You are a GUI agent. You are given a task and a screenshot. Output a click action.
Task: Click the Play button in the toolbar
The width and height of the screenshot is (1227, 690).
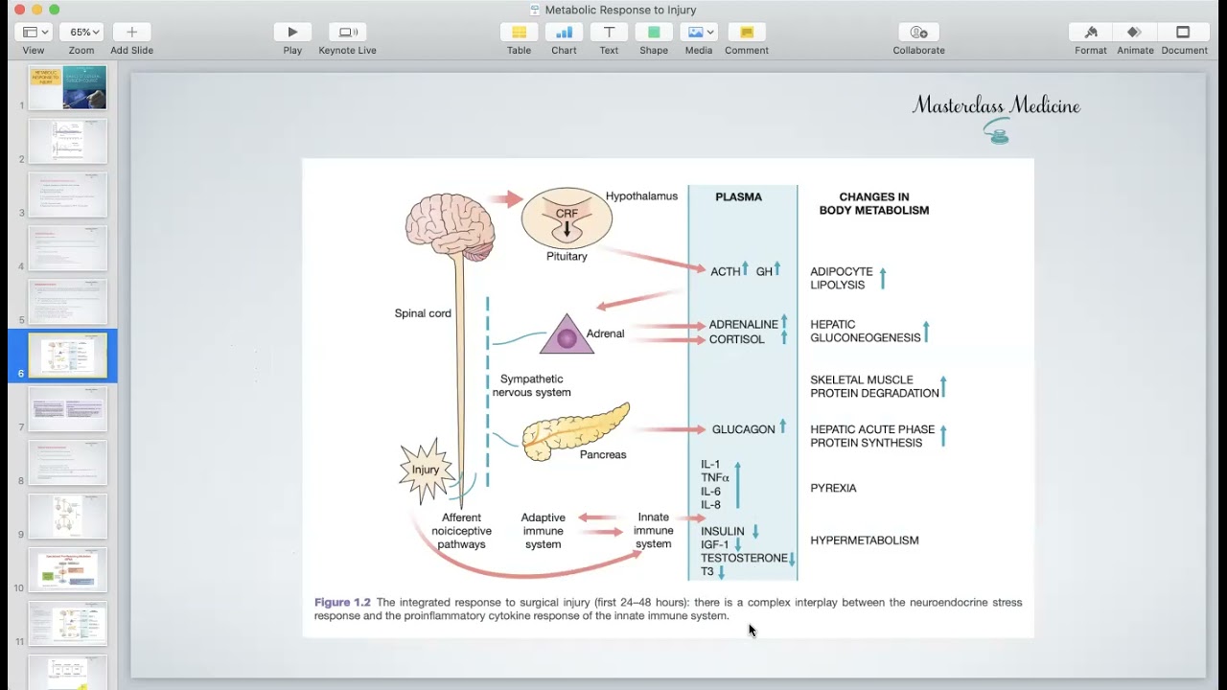click(292, 33)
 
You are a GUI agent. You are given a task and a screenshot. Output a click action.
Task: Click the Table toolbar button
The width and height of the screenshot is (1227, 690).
click(519, 33)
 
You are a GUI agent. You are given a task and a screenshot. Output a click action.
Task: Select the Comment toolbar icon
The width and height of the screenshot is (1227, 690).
click(747, 33)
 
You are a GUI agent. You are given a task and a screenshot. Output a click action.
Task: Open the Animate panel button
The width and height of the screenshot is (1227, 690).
click(1135, 33)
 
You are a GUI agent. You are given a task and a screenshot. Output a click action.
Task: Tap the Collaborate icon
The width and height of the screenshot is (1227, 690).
click(918, 33)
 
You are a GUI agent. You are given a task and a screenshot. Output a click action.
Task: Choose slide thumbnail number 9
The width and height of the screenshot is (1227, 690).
click(67, 517)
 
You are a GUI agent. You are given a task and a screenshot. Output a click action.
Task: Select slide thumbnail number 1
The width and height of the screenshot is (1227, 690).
click(67, 87)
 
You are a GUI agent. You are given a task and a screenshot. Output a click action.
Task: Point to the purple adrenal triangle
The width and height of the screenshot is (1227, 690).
click(567, 335)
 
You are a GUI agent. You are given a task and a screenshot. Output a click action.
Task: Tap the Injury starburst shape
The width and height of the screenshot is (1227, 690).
click(426, 470)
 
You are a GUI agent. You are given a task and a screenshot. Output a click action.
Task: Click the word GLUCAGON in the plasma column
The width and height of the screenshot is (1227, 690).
click(743, 429)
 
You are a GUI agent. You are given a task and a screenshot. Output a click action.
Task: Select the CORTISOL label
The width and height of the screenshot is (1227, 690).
click(736, 339)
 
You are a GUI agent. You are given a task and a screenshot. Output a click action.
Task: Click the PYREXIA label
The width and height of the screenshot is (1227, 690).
click(833, 488)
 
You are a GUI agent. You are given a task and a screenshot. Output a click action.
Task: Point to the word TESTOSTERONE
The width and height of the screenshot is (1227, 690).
click(744, 558)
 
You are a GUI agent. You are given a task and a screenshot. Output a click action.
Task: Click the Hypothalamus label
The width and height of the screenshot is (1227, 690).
click(641, 195)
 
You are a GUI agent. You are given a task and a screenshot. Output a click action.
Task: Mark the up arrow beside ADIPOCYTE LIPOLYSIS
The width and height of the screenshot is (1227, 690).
click(883, 278)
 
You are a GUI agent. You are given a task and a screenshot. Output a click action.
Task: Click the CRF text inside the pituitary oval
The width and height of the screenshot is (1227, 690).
click(567, 215)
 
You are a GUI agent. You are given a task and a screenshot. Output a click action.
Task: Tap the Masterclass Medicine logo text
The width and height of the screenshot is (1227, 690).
click(996, 105)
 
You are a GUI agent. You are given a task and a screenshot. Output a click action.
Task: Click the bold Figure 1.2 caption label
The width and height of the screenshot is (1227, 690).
click(342, 602)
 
